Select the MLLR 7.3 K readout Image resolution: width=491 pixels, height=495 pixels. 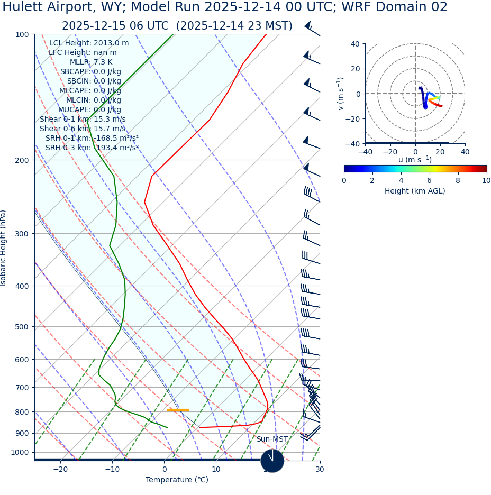pos(103,62)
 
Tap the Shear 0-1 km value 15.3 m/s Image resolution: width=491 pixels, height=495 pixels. pos(110,120)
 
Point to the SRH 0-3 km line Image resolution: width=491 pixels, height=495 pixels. pos(92,148)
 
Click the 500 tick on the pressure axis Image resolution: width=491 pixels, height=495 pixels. pos(22,327)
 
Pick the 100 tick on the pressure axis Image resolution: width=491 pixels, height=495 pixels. pos(22,34)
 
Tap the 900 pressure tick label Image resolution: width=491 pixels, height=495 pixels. pos(22,433)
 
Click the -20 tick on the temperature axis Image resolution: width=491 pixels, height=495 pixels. pos(60,470)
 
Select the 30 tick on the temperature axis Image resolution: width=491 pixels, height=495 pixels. pos(320,470)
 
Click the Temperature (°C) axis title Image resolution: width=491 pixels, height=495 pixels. pos(177,480)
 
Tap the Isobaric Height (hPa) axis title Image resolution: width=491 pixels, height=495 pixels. pos(4,248)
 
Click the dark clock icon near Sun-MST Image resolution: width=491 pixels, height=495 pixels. pos(272,461)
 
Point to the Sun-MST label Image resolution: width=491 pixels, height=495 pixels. pos(272,439)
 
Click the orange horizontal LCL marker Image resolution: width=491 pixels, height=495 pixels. pos(178,410)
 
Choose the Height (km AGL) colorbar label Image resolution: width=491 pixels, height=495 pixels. pos(415,191)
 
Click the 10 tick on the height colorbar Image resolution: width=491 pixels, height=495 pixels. pos(486,181)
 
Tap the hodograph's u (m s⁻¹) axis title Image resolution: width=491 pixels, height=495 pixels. pos(415,160)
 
